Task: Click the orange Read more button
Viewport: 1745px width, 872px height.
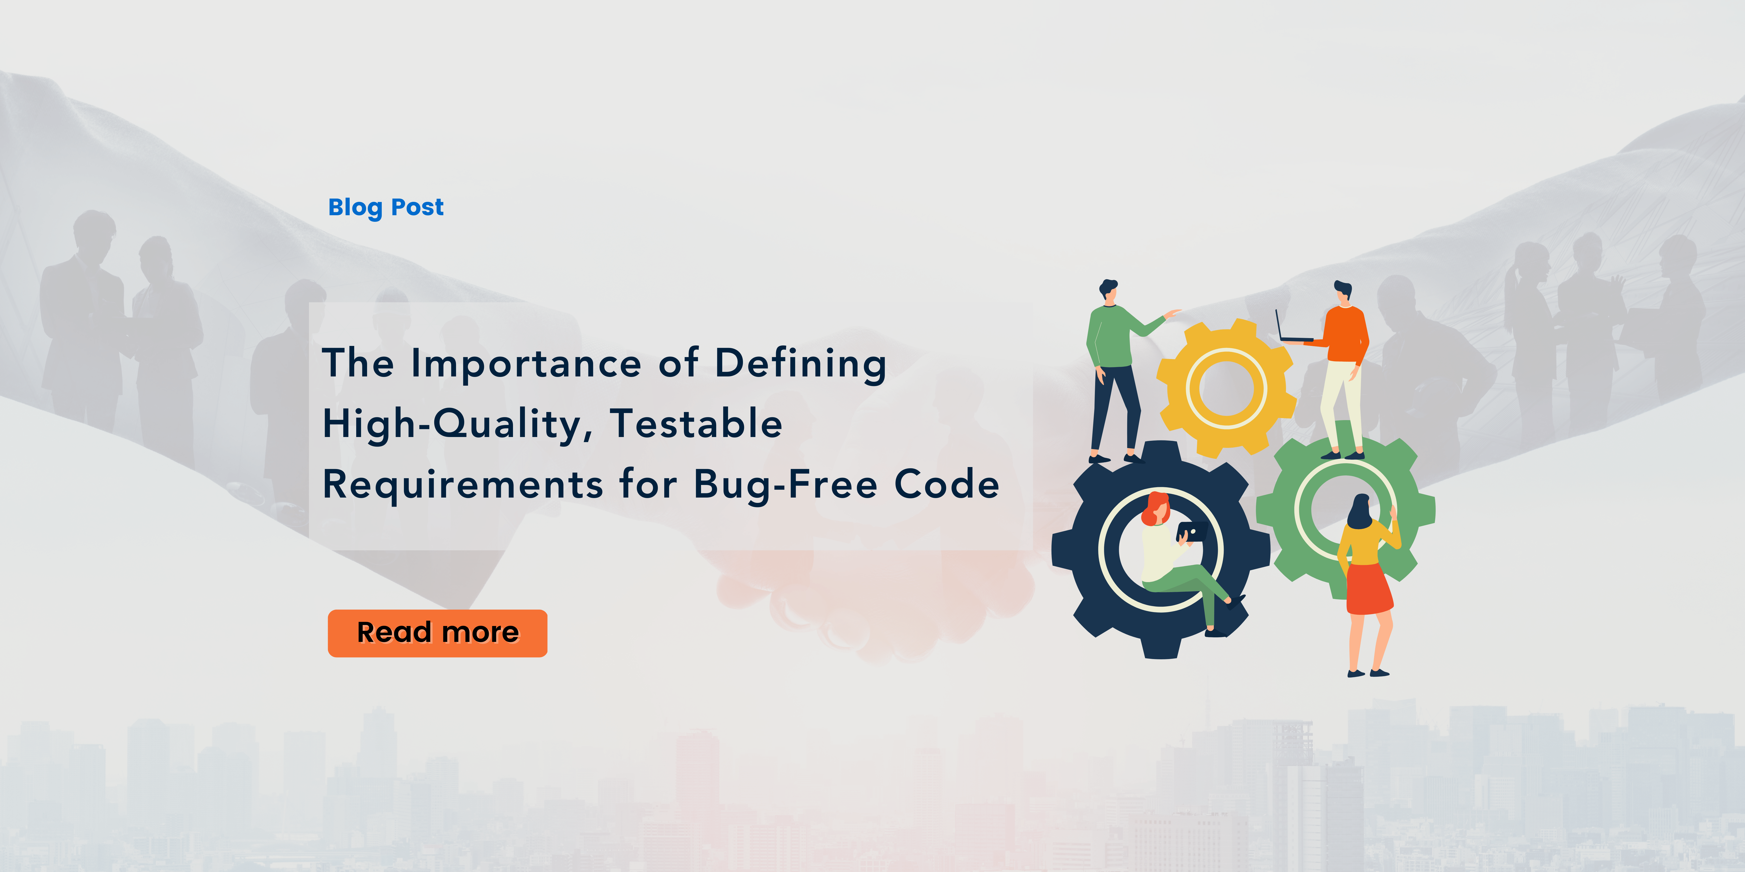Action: [438, 633]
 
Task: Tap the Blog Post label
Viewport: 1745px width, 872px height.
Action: [386, 207]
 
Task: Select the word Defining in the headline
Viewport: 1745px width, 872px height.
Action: [801, 364]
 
